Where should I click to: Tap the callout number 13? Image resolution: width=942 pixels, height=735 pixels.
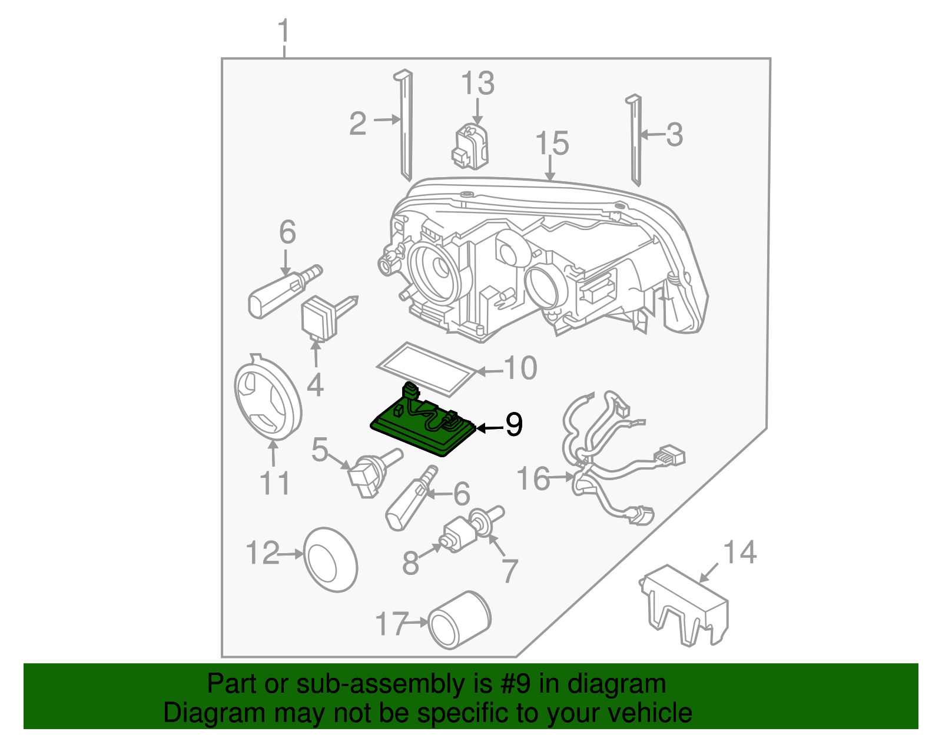point(477,84)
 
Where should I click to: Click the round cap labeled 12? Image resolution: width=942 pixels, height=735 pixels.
point(330,559)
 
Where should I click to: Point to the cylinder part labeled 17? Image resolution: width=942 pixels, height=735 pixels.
point(460,620)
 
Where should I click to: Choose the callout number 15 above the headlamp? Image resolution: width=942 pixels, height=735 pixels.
point(552,144)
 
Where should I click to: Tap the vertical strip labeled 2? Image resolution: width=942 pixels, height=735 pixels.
point(406,127)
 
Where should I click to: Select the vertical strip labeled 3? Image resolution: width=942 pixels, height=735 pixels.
point(635,141)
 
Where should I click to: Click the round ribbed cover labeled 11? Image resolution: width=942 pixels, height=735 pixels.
point(268,400)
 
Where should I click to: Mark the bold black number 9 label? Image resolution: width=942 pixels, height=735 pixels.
point(513,424)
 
